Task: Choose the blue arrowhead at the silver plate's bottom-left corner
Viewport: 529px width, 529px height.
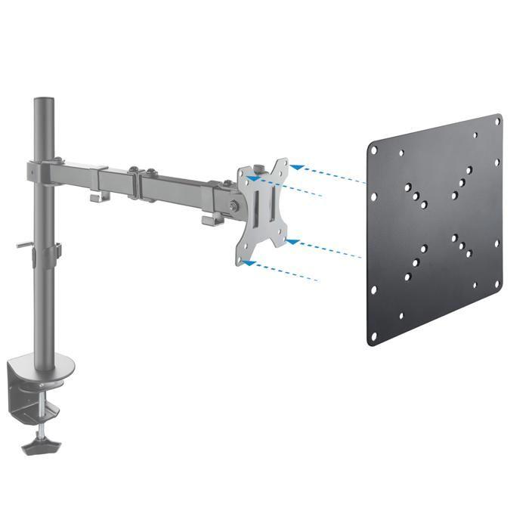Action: [249, 264]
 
